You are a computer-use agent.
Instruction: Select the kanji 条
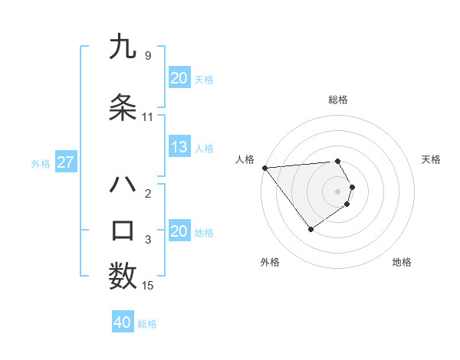pyautogui.click(x=123, y=108)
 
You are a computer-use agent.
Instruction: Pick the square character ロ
pyautogui.click(x=123, y=231)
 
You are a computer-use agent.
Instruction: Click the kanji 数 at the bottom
pyautogui.click(x=123, y=277)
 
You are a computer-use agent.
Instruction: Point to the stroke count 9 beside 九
pyautogui.click(x=147, y=55)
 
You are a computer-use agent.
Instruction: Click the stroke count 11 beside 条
pyautogui.click(x=147, y=117)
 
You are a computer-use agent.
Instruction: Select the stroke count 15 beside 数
pyautogui.click(x=147, y=286)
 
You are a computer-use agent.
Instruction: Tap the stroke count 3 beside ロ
pyautogui.click(x=147, y=240)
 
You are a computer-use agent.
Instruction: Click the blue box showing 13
pyautogui.click(x=179, y=148)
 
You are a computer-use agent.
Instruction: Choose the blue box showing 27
pyautogui.click(x=66, y=162)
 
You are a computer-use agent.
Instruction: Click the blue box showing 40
pyautogui.click(x=123, y=322)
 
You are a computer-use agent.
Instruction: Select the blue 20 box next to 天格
pyautogui.click(x=179, y=78)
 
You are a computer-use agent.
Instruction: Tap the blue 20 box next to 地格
pyautogui.click(x=179, y=232)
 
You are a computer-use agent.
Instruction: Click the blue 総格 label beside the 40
pyautogui.click(x=147, y=324)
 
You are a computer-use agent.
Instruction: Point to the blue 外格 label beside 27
pyautogui.click(x=41, y=163)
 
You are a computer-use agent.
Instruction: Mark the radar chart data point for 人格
pyautogui.click(x=264, y=168)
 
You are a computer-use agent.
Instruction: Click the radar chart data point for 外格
pyautogui.click(x=310, y=229)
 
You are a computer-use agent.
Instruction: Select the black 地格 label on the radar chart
pyautogui.click(x=402, y=262)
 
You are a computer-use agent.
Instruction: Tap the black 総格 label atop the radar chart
pyautogui.click(x=338, y=100)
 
